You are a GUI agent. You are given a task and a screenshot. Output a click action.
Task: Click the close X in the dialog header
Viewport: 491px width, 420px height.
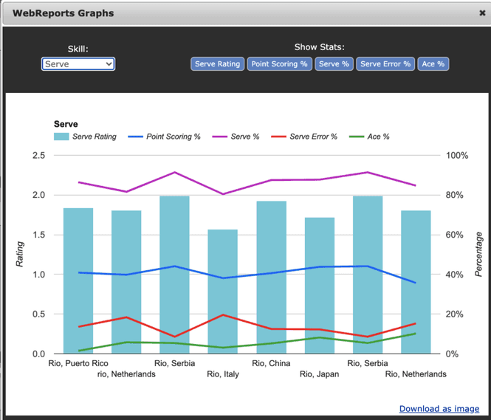point(482,13)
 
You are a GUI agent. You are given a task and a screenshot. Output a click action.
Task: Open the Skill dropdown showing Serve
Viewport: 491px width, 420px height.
point(78,64)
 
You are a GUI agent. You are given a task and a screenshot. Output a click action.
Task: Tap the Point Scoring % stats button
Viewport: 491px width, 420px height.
point(279,64)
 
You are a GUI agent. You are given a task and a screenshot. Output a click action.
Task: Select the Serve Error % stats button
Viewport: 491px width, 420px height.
point(385,64)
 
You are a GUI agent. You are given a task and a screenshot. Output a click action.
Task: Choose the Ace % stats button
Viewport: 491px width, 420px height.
point(433,64)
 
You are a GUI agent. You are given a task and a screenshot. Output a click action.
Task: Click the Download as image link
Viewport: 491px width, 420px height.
point(439,408)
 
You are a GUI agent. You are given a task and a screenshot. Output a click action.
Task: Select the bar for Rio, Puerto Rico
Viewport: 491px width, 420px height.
point(78,280)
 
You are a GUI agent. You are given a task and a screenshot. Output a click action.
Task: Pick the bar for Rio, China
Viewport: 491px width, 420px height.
point(271,277)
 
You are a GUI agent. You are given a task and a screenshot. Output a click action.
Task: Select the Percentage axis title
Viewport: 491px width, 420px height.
point(478,255)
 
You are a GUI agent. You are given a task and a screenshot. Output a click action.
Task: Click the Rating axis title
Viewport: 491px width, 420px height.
point(20,255)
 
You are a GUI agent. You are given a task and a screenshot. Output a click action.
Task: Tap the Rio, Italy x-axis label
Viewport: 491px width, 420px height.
point(223,374)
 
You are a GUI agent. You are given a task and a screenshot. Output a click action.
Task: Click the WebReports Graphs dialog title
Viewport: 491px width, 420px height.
point(63,13)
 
